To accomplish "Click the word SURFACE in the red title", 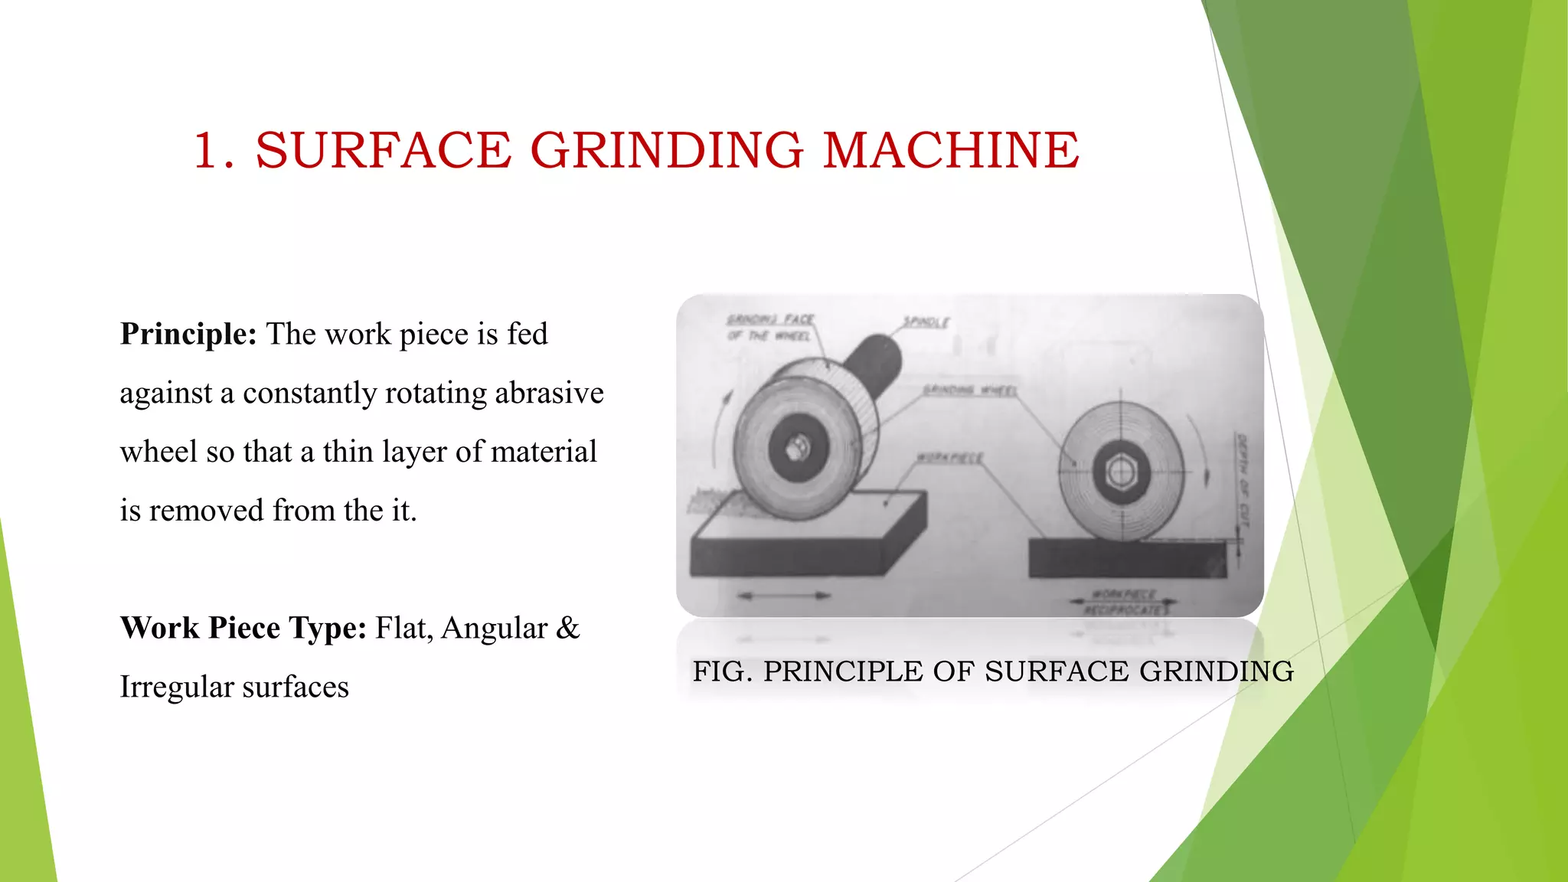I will (383, 150).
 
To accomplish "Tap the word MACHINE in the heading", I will (951, 150).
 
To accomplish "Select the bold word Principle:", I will (188, 335).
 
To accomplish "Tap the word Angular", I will (494, 629).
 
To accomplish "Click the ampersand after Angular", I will (567, 629).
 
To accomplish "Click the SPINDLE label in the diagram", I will (926, 322).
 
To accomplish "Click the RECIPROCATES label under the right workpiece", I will (1125, 610).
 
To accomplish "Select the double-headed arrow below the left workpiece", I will (785, 595).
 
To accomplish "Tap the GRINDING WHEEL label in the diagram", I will (969, 390).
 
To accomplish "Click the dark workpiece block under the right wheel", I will (1125, 559).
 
